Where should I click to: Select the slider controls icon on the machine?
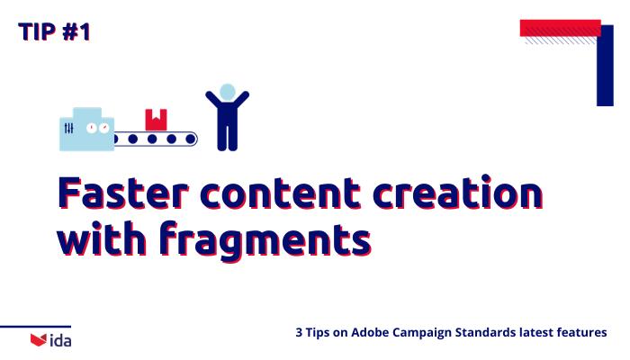click(x=69, y=130)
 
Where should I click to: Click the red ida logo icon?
click(x=38, y=339)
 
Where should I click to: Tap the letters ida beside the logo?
click(x=60, y=339)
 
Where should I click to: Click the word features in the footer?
click(x=582, y=333)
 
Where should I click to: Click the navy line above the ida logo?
click(x=36, y=327)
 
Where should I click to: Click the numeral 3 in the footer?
click(x=299, y=333)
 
